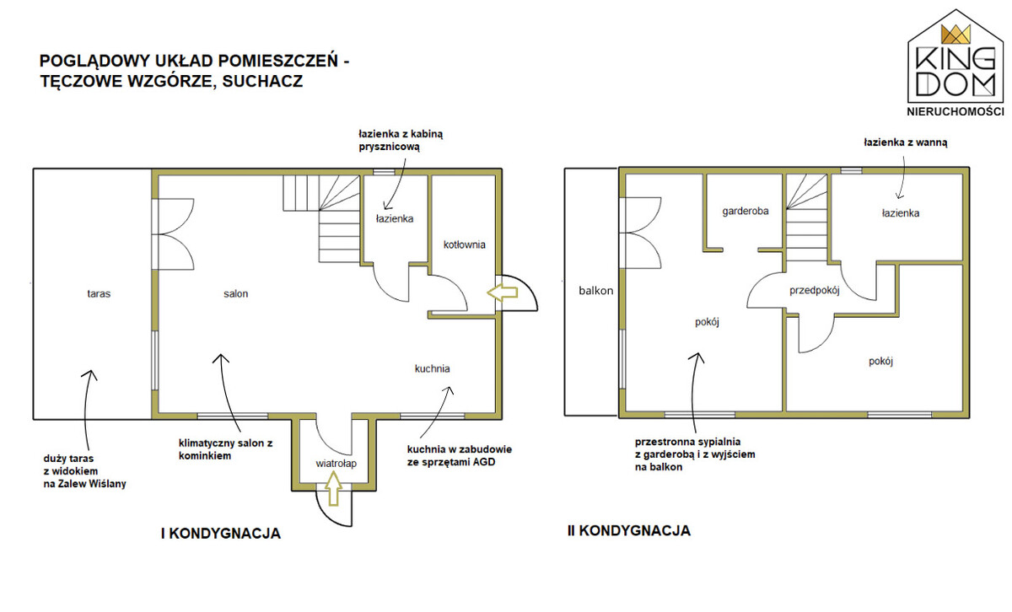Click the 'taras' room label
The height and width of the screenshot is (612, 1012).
point(99,294)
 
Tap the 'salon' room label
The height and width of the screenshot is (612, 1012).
point(235,294)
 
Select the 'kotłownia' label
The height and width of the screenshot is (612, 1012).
point(464,244)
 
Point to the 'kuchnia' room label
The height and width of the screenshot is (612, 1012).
point(432,368)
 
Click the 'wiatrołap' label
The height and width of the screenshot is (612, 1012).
point(336,464)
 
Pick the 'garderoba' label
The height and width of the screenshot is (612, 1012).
point(745,212)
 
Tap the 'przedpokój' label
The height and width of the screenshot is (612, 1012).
point(814,291)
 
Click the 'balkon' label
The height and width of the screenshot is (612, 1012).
point(596,291)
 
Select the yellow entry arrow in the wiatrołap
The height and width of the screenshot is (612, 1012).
point(333,488)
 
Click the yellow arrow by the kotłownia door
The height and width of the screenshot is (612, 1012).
point(502,293)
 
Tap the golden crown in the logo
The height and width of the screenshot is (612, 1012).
point(955,35)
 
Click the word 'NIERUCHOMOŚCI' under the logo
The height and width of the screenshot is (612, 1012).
point(955,111)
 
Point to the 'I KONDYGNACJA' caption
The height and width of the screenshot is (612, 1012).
point(220,534)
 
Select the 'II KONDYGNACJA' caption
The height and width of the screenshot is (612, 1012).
point(629,531)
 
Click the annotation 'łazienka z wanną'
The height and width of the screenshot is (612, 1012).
point(906,142)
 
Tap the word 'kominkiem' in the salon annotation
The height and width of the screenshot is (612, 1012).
point(205,456)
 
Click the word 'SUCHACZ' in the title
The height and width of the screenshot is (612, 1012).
point(262,81)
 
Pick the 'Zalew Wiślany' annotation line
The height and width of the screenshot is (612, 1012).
point(84,484)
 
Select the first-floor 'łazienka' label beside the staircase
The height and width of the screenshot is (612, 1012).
point(395,218)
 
